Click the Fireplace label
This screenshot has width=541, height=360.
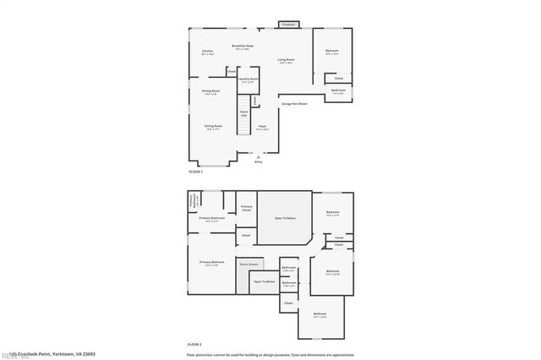pyautogui.click(x=288, y=25)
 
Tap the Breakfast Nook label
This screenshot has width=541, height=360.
pyautogui.click(x=243, y=46)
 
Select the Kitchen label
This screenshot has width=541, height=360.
pyautogui.click(x=207, y=52)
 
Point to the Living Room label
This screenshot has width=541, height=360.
pyautogui.click(x=286, y=60)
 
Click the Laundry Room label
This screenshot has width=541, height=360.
pyautogui.click(x=248, y=79)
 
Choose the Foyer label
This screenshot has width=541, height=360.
pyautogui.click(x=263, y=127)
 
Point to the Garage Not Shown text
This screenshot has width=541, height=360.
pyautogui.click(x=294, y=104)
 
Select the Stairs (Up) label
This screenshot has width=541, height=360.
pyautogui.click(x=243, y=112)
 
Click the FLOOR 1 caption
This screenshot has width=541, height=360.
pyautogui.click(x=196, y=172)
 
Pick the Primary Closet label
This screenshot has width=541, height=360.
pyautogui.click(x=247, y=208)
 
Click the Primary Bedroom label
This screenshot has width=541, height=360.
pyautogui.click(x=211, y=263)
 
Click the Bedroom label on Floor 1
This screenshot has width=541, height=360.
pyautogui.click(x=332, y=52)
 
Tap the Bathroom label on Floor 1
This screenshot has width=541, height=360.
pyautogui.click(x=338, y=90)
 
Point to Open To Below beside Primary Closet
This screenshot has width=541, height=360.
pyautogui.click(x=285, y=219)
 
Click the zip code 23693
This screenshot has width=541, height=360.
pyautogui.click(x=88, y=354)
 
